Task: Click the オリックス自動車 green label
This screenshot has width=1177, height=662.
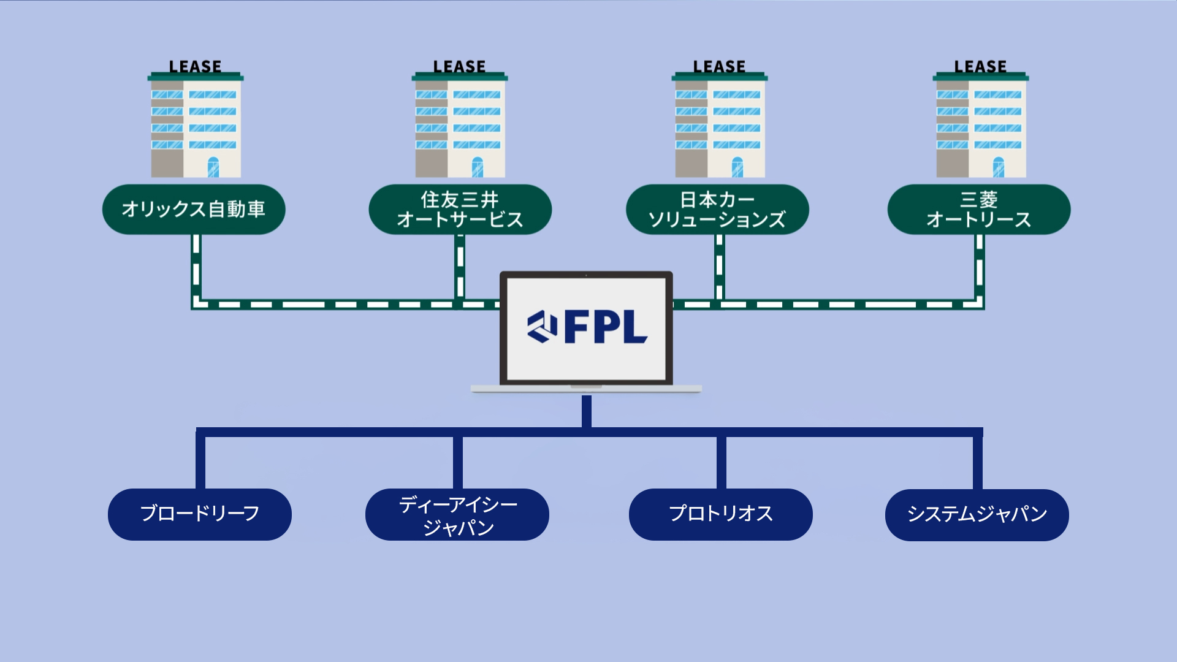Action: pyautogui.click(x=193, y=210)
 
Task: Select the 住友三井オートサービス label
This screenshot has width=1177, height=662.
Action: pyautogui.click(x=460, y=210)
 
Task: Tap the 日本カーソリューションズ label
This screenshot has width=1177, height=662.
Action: pyautogui.click(x=717, y=210)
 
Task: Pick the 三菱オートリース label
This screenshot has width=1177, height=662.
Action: pyautogui.click(x=979, y=210)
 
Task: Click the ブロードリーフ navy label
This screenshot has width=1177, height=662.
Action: pyautogui.click(x=200, y=514)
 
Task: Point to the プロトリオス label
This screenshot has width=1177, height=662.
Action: pyautogui.click(x=721, y=514)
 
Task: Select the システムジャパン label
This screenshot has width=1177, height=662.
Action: pyautogui.click(x=977, y=514)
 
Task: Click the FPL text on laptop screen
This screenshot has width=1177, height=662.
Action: pyautogui.click(x=605, y=327)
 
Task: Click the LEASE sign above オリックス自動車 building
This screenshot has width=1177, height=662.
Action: pyautogui.click(x=195, y=66)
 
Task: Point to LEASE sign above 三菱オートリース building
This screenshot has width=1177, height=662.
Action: pyautogui.click(x=980, y=66)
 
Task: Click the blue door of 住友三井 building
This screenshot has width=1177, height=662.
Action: pyautogui.click(x=478, y=167)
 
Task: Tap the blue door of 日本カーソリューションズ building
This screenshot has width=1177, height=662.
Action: pyautogui.click(x=737, y=167)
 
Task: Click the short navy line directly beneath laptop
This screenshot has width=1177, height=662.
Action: pyautogui.click(x=587, y=411)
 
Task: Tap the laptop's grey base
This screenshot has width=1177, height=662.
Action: pyautogui.click(x=586, y=389)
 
